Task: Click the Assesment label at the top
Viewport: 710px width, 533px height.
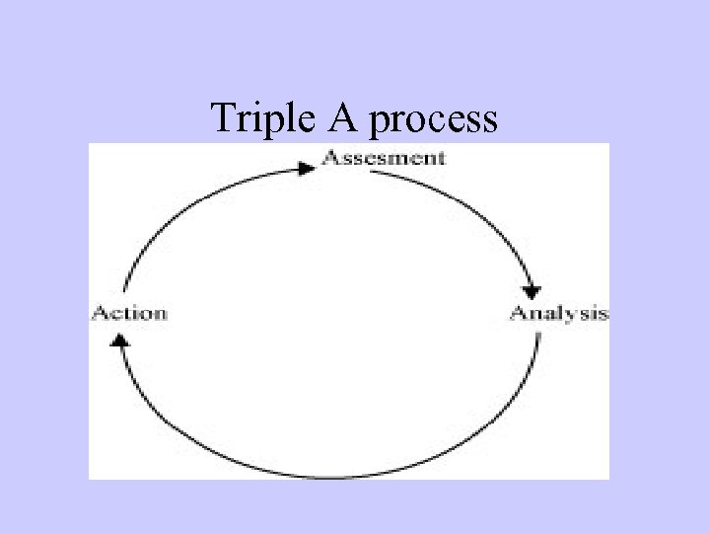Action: pyautogui.click(x=385, y=158)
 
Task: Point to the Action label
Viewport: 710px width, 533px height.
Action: pyautogui.click(x=129, y=314)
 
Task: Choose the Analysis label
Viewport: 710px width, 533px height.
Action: pyautogui.click(x=558, y=314)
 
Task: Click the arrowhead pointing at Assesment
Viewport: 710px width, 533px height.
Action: pyautogui.click(x=308, y=168)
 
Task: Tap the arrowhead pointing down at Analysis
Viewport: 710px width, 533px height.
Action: pyautogui.click(x=532, y=292)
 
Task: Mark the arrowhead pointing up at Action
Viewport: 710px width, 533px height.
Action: pyautogui.click(x=120, y=339)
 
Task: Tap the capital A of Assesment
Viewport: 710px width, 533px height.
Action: pyautogui.click(x=330, y=158)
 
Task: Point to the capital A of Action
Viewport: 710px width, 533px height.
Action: pyautogui.click(x=99, y=314)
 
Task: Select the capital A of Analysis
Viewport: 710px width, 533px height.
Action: pyautogui.click(x=517, y=314)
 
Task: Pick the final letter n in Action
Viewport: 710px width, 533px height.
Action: pyautogui.click(x=161, y=315)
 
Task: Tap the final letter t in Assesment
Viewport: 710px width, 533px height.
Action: pyautogui.click(x=441, y=158)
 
